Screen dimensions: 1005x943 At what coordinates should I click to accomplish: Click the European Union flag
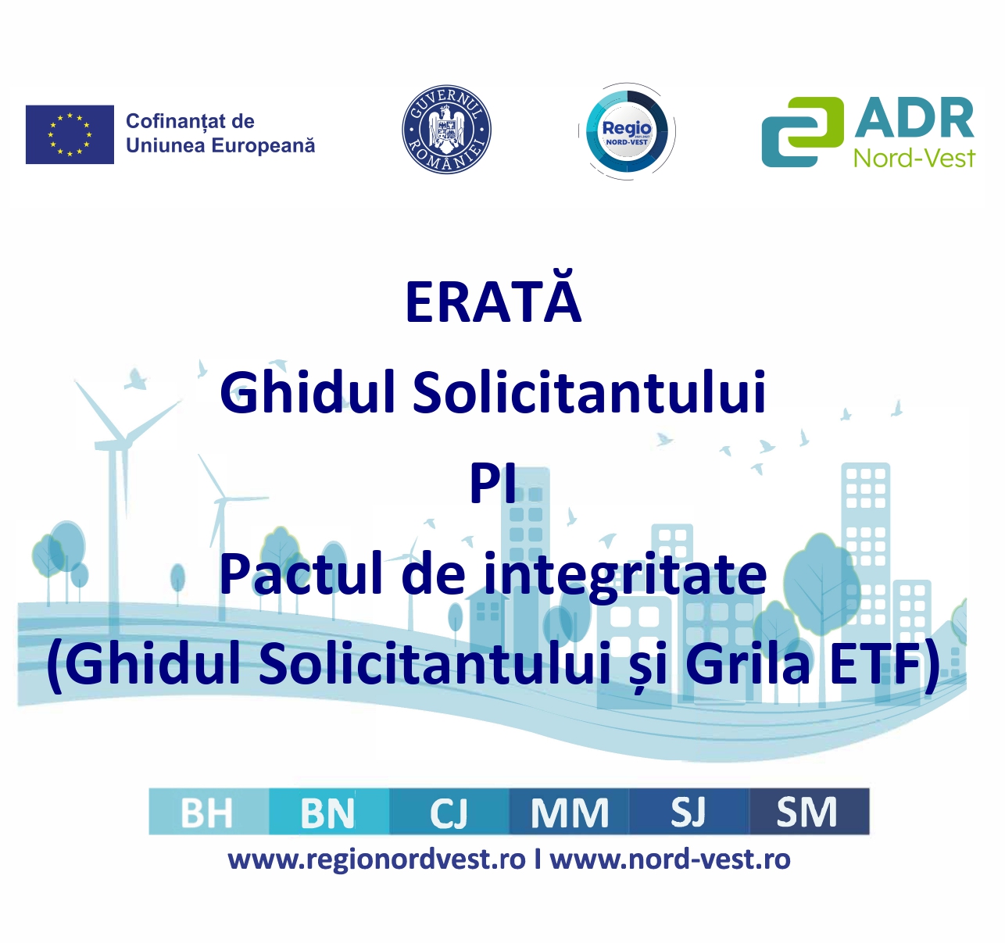click(70, 134)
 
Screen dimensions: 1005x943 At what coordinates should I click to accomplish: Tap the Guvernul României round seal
click(446, 130)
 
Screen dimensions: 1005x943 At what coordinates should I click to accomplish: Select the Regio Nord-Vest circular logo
click(627, 131)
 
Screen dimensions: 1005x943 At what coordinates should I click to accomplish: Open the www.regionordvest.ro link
click(377, 861)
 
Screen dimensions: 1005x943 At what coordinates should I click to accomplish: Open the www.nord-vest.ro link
click(670, 859)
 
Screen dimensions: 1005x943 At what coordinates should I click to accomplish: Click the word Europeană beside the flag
click(263, 145)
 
